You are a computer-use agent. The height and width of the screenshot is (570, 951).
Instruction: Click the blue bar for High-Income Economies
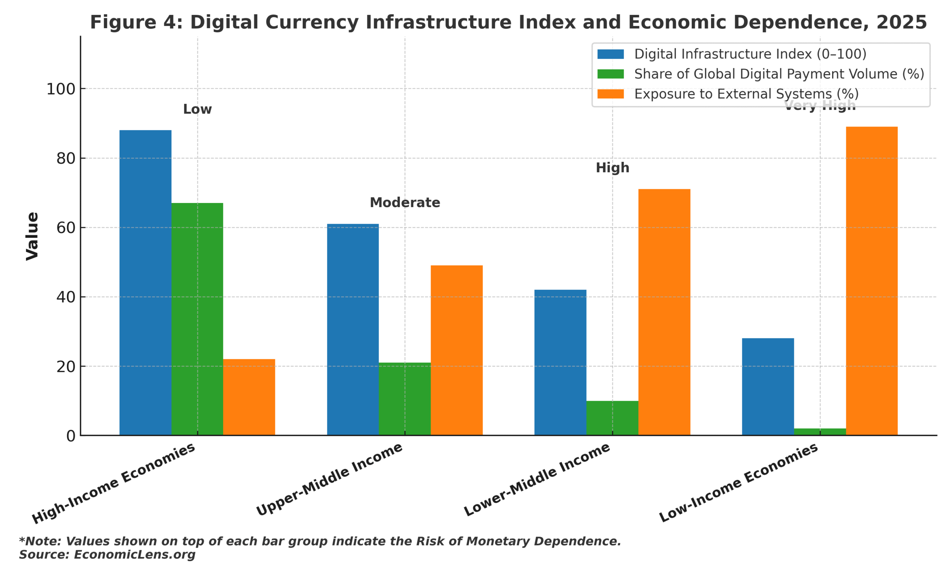click(x=145, y=282)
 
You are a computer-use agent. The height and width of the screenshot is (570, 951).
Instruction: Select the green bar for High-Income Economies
click(x=197, y=319)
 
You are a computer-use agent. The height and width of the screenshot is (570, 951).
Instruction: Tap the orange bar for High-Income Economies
click(x=249, y=397)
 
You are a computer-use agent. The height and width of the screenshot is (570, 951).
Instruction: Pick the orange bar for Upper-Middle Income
click(x=456, y=350)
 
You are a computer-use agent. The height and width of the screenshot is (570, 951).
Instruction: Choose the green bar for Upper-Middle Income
click(x=405, y=399)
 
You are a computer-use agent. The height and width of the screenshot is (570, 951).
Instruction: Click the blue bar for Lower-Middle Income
click(x=560, y=362)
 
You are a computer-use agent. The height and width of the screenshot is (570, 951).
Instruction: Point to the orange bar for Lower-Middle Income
click(x=664, y=312)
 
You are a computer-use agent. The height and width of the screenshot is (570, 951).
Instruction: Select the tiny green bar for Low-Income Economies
click(x=819, y=432)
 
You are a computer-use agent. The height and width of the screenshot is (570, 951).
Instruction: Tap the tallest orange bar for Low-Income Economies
click(x=872, y=281)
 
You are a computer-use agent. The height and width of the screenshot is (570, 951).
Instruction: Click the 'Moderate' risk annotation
click(x=405, y=202)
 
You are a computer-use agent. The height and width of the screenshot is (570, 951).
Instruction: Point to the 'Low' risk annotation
click(x=197, y=109)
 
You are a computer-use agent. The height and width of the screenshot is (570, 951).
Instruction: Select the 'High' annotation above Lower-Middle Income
click(x=612, y=168)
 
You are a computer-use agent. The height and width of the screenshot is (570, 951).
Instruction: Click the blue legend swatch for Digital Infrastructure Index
click(x=610, y=54)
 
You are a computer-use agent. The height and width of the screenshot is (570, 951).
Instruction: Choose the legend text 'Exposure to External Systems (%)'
click(x=746, y=94)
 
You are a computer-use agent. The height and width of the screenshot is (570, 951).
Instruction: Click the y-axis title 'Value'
click(x=32, y=236)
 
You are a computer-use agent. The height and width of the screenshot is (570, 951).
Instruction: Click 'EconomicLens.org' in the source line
click(x=134, y=555)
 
